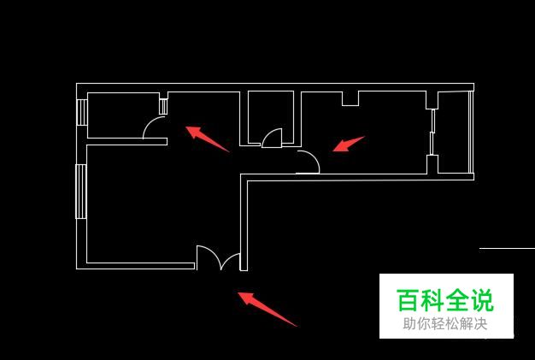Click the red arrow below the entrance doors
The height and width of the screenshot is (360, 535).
[x=267, y=309]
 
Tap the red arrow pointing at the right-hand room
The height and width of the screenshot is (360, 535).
[x=348, y=145]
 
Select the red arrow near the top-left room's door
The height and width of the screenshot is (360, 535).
[x=207, y=139]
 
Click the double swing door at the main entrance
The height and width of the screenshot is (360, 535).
[x=219, y=258]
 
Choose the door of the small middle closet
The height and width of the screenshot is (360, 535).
[x=272, y=138]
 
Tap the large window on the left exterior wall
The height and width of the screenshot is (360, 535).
[x=81, y=191]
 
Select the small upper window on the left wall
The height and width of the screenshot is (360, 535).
[x=82, y=112]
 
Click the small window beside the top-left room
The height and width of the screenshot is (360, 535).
[x=164, y=107]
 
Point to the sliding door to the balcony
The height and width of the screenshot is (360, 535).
[x=432, y=132]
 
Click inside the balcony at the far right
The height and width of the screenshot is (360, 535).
[x=454, y=133]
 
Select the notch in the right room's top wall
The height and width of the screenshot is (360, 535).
[x=350, y=98]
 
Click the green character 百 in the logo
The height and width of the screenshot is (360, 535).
[x=408, y=300]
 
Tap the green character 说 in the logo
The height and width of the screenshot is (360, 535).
[x=483, y=300]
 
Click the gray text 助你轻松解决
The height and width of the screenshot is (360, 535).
[x=445, y=324]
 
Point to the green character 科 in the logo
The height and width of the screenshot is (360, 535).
[x=432, y=300]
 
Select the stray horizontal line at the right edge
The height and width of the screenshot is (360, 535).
[x=507, y=248]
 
